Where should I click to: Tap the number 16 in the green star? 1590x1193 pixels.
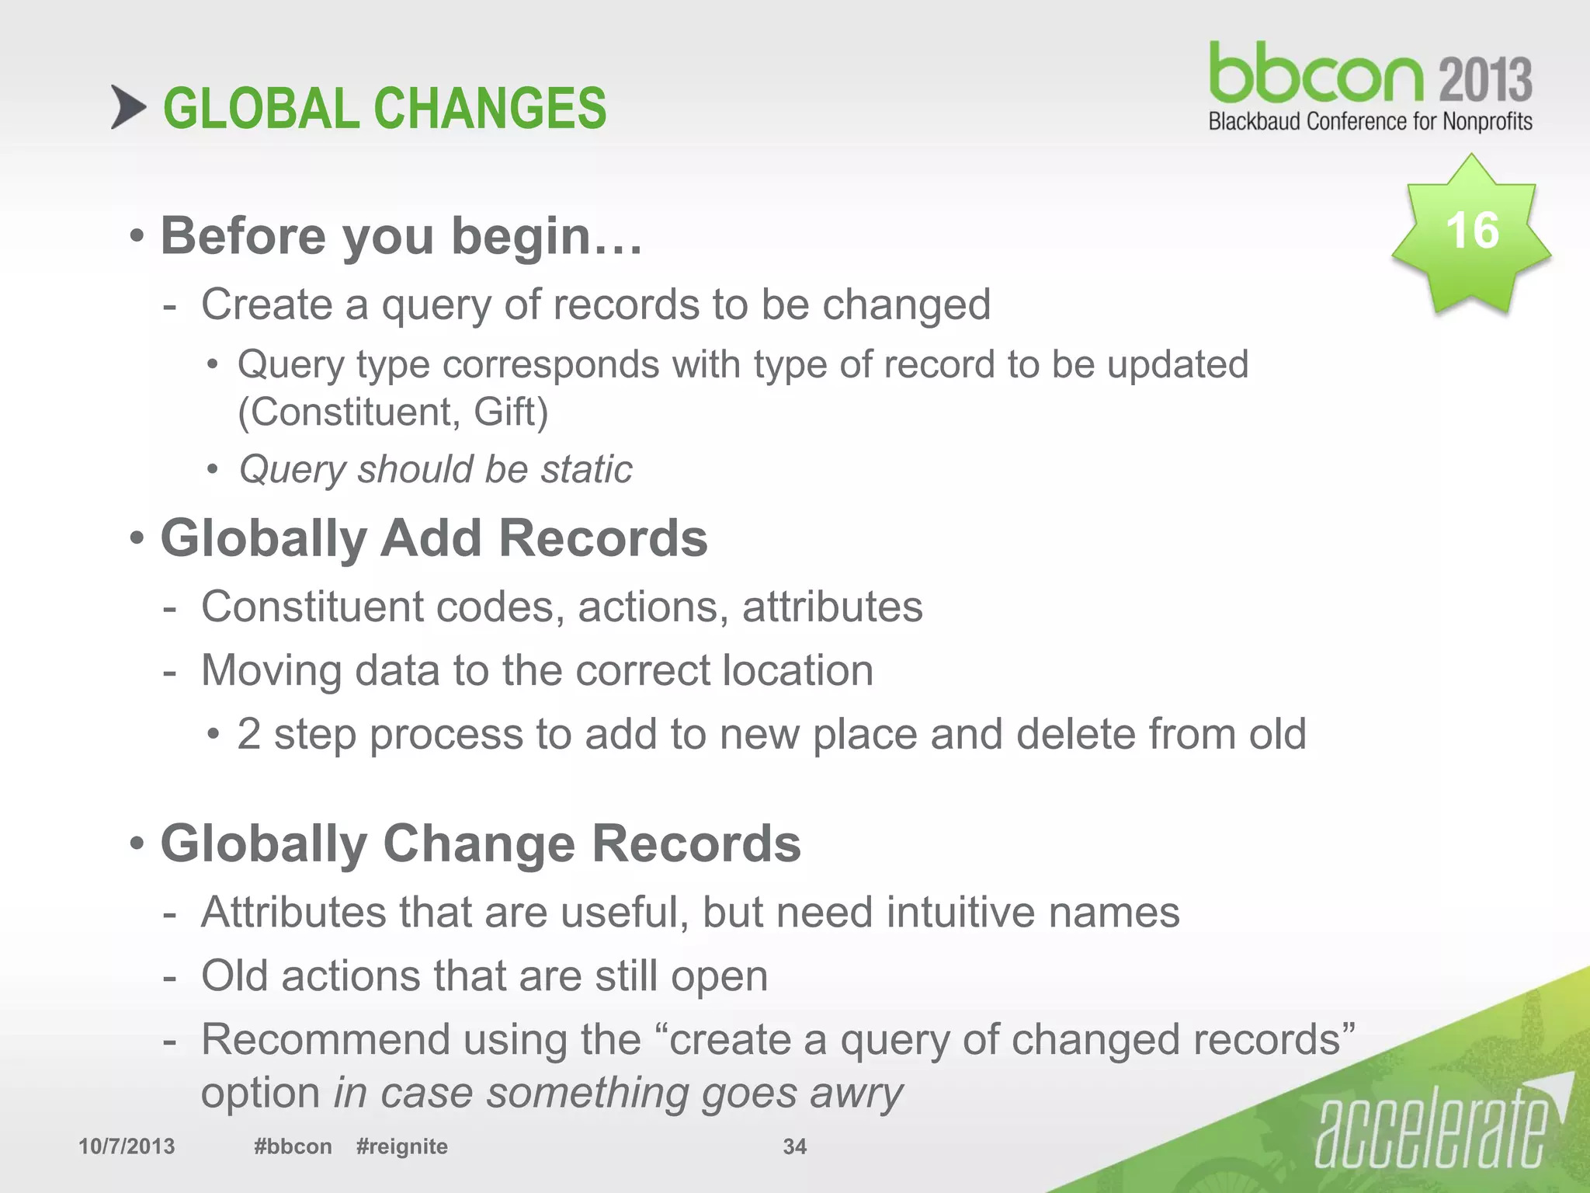[x=1471, y=231]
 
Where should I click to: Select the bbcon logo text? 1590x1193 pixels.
[x=1316, y=75]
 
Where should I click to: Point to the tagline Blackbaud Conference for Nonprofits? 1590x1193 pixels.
[x=1370, y=122]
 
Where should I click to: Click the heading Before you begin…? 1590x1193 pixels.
[x=401, y=235]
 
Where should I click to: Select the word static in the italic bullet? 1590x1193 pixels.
[x=587, y=469]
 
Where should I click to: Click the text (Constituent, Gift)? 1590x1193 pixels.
[x=393, y=412]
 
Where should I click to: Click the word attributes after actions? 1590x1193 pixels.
[x=832, y=607]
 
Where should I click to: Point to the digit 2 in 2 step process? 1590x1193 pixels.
[x=248, y=734]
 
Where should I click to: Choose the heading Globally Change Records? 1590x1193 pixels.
[x=481, y=843]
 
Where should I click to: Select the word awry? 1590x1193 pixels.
[x=856, y=1094]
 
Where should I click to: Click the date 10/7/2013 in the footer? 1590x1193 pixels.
[x=127, y=1146]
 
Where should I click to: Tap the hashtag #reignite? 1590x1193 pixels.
[x=401, y=1146]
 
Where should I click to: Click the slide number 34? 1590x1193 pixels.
[x=794, y=1146]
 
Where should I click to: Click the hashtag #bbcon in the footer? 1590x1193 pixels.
[x=293, y=1146]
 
